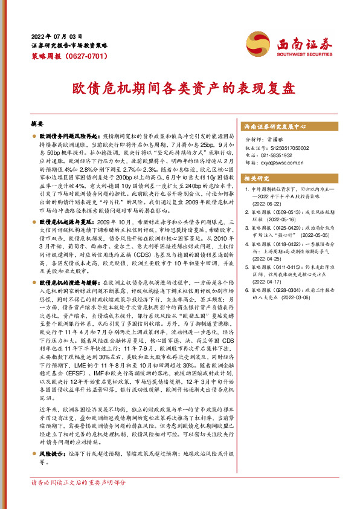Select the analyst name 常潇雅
[x=277, y=140]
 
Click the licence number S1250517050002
[x=284, y=148]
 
